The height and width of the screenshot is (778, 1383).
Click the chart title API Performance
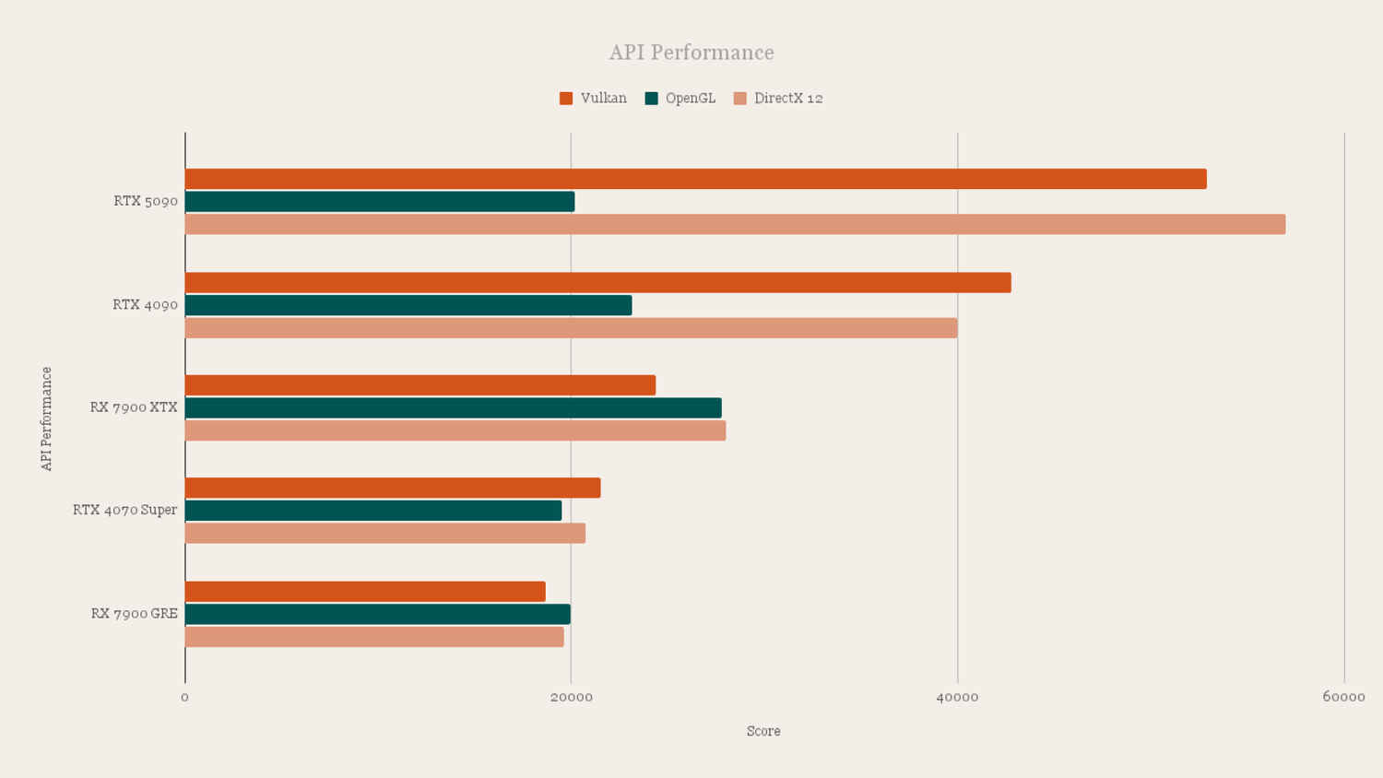(x=691, y=53)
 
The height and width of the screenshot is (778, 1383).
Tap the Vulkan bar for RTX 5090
(x=695, y=180)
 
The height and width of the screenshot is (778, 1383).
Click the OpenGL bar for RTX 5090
(x=379, y=202)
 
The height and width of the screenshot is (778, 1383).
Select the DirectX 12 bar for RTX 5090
(x=735, y=224)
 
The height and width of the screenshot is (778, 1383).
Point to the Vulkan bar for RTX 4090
(x=597, y=283)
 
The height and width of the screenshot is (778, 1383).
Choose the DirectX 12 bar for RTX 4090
(x=571, y=328)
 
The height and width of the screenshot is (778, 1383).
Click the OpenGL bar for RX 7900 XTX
(x=453, y=408)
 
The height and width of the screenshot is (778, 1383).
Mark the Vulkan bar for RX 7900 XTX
(x=420, y=385)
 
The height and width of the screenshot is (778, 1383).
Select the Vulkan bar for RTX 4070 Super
(x=393, y=489)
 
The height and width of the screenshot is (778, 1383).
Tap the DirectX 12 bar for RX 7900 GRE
(x=374, y=637)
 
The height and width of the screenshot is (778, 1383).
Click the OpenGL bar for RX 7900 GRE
(x=377, y=615)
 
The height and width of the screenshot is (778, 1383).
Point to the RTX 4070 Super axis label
(x=124, y=510)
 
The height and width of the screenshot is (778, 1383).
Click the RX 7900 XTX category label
(x=134, y=407)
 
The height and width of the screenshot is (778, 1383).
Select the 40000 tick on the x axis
(x=957, y=697)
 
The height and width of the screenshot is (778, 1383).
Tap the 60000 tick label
(x=1343, y=697)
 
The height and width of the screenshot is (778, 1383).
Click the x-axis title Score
(x=763, y=731)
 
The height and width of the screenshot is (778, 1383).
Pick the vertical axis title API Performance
(x=47, y=418)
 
